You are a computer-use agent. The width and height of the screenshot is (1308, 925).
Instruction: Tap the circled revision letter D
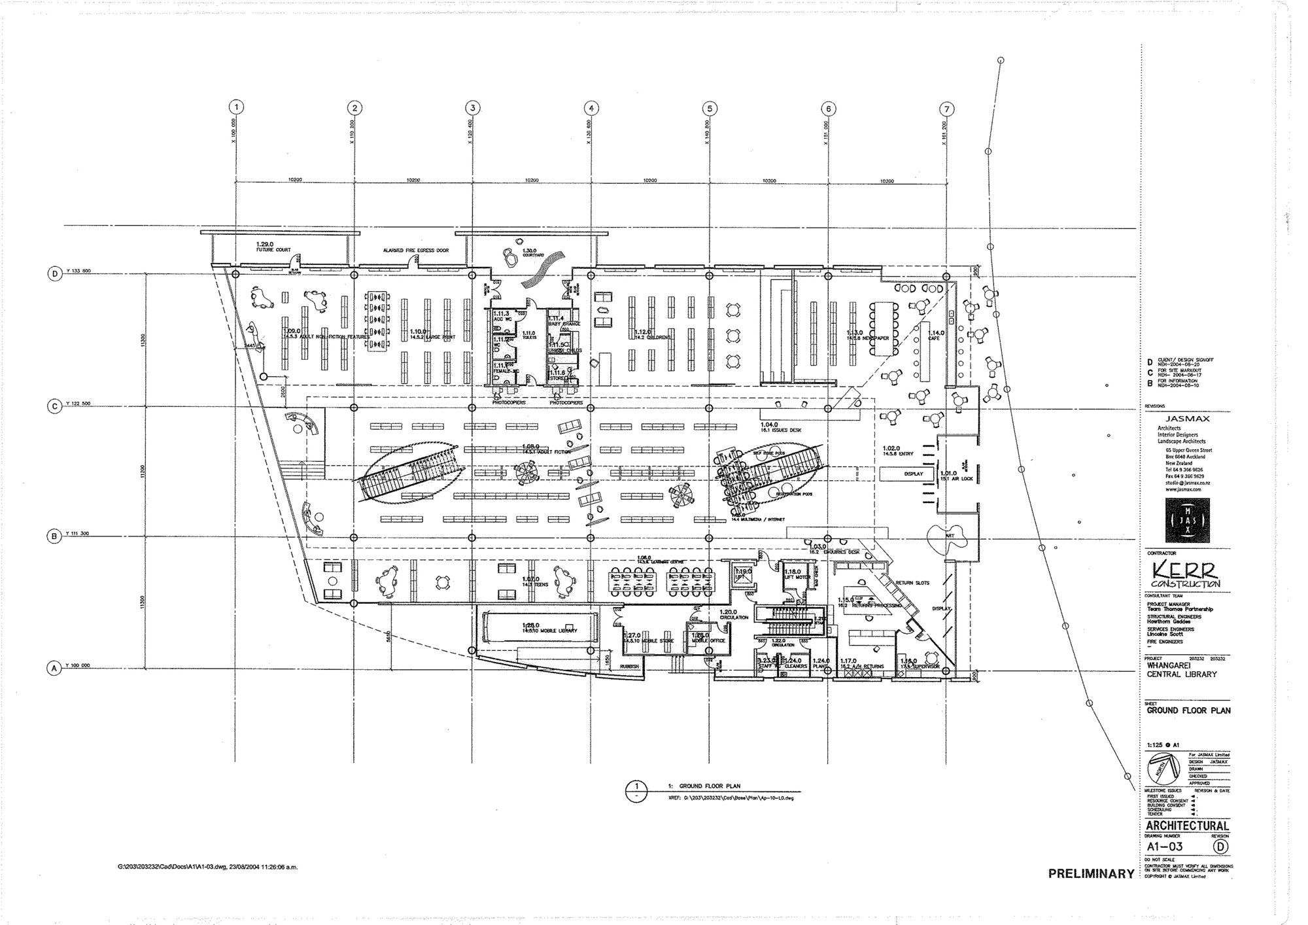1219,846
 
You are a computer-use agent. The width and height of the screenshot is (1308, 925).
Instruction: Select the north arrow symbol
1165,769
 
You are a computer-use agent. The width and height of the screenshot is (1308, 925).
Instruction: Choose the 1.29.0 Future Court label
273,247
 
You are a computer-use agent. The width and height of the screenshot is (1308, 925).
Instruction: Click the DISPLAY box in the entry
913,474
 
